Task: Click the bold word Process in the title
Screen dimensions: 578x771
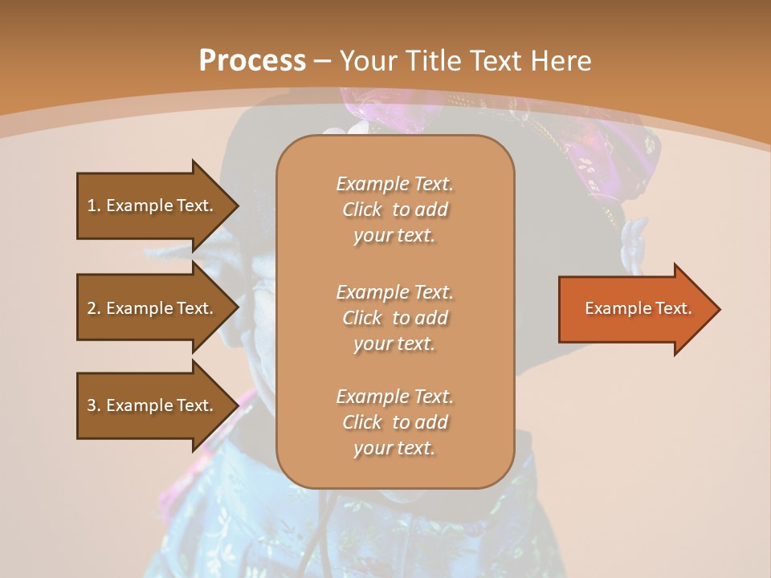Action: (252, 61)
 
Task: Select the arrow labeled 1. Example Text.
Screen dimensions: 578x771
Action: (153, 206)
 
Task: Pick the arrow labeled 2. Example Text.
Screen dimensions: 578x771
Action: (153, 308)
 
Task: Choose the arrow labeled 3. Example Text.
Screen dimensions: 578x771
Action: (153, 405)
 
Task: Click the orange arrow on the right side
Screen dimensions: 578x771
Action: (634, 308)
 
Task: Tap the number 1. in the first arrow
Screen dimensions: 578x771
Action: (94, 206)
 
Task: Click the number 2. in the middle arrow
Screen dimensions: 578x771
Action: (94, 308)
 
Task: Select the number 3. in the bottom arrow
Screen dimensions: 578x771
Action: (94, 405)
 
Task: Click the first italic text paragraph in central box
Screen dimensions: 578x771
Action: (394, 210)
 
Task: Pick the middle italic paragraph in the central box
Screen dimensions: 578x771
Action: (394, 317)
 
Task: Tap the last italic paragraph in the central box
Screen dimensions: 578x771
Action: (394, 422)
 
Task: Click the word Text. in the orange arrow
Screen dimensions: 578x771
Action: (671, 308)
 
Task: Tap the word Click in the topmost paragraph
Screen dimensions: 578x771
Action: (362, 210)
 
